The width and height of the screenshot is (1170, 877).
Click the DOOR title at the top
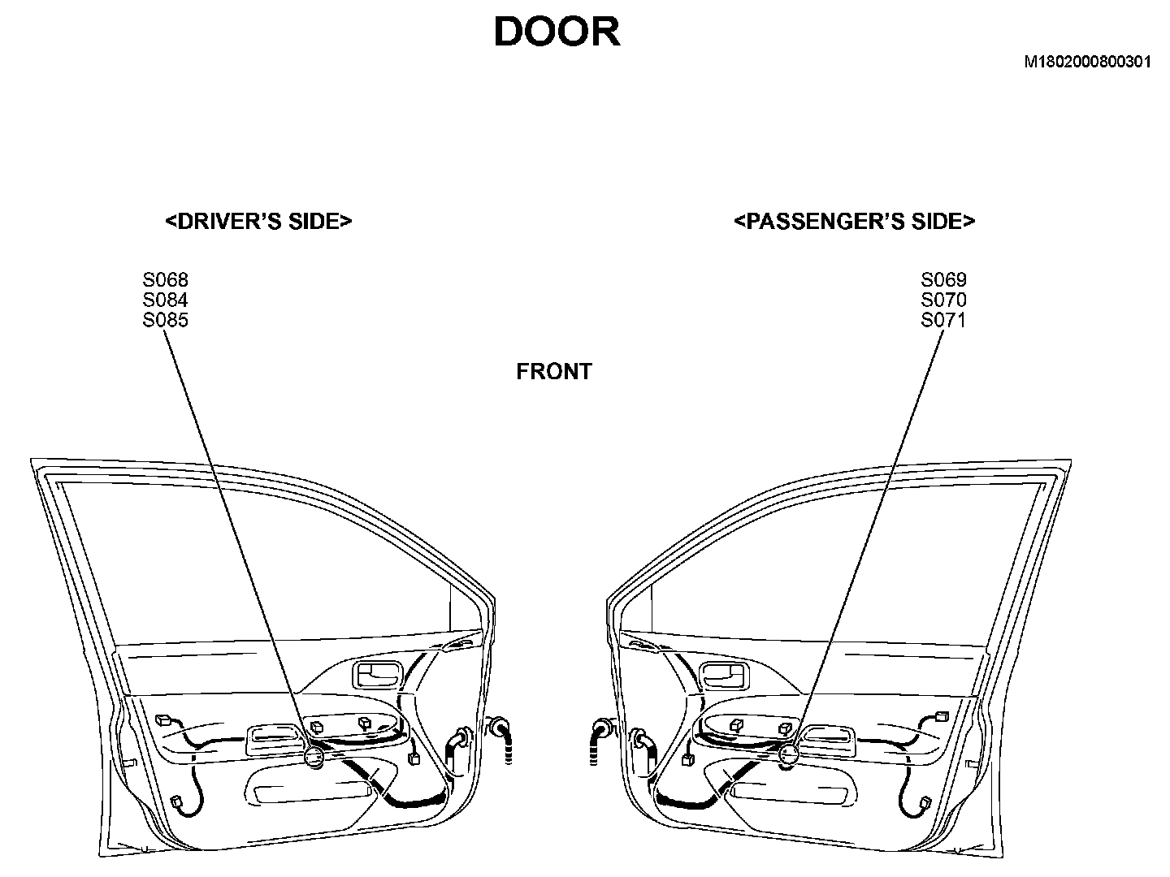[x=557, y=32]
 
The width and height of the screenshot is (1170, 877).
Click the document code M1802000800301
[x=1087, y=62]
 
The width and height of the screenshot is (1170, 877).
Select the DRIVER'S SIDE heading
[x=258, y=222]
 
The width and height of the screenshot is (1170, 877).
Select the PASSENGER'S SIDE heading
[x=854, y=222]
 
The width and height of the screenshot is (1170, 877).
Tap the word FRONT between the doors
[x=554, y=372]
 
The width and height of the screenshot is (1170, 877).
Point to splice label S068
[x=166, y=280]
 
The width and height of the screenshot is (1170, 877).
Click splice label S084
[x=166, y=300]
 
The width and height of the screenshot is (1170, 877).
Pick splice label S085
[x=166, y=320]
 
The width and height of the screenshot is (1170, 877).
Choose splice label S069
[x=943, y=280]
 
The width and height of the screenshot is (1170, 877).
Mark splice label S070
[x=943, y=300]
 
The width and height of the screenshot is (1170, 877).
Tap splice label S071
[x=943, y=320]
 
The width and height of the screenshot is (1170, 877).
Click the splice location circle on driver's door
[x=314, y=758]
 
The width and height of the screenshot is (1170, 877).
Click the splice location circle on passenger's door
[x=787, y=756]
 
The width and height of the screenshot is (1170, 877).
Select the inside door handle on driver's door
[x=377, y=673]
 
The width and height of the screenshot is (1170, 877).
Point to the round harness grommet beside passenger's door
[x=603, y=728]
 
